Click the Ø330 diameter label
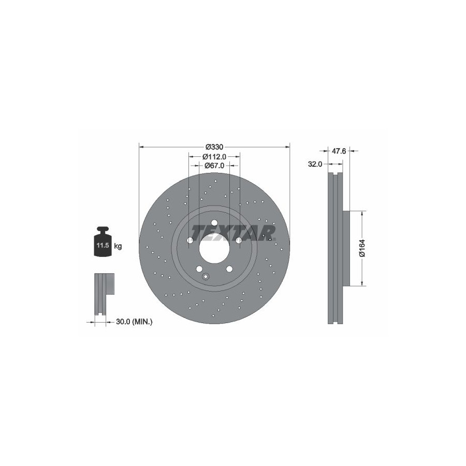coord(214,147)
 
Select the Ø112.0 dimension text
coord(214,156)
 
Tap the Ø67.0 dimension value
coord(214,166)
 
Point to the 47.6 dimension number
coord(339,151)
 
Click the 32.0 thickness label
coord(315,164)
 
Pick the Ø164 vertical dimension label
coord(362,248)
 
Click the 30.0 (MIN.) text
coord(134,321)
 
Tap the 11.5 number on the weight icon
coord(102,245)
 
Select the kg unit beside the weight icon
coord(118,246)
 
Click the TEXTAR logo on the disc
coord(234,232)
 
